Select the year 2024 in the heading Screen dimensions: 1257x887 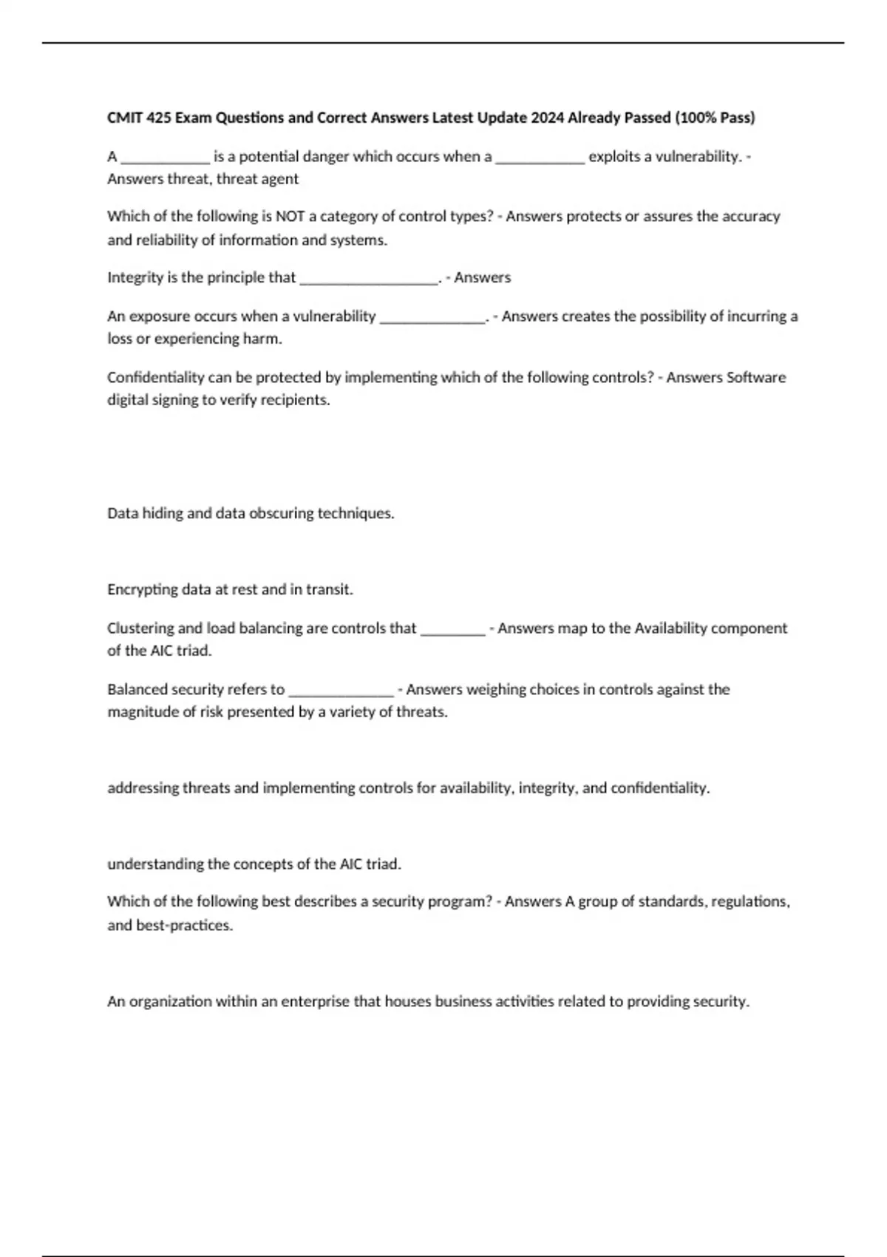click(547, 118)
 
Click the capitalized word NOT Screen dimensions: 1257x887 click(290, 217)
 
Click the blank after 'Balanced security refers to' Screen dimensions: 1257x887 click(341, 691)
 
